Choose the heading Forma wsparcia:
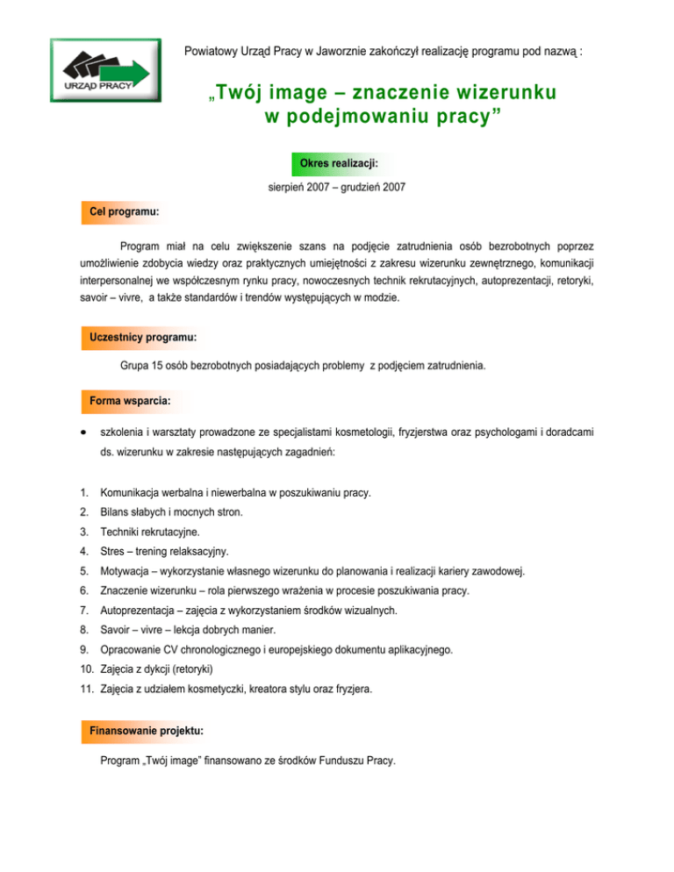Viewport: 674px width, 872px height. click(x=129, y=400)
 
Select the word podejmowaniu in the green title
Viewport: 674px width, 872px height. click(x=337, y=116)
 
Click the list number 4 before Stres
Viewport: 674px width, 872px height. click(x=82, y=551)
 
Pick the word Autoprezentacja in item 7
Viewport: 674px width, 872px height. click(x=144, y=610)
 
